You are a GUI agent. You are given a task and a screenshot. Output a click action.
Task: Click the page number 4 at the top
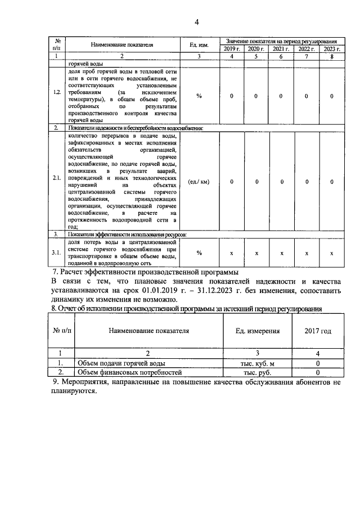coord(196,22)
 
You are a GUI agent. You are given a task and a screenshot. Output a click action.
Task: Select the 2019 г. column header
coord(231,49)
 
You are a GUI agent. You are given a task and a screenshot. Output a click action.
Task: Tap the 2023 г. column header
coord(332,49)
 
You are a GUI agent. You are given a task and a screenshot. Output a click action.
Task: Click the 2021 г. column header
coord(281,49)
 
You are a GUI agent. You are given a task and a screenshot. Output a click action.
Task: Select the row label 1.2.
coord(57,96)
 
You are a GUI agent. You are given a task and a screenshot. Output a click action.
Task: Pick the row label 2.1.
coord(57,182)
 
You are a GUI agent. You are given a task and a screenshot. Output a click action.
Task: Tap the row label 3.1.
coord(57,254)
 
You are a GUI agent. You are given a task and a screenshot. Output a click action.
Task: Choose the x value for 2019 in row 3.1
coord(231,254)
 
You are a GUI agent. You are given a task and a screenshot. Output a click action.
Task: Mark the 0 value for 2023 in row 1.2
coord(332,96)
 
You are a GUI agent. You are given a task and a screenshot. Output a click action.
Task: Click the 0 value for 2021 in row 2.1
coord(281,182)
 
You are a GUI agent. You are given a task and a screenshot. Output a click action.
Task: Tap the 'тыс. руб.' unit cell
coord(258,372)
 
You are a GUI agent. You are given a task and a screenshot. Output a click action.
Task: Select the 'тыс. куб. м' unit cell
coord(258,363)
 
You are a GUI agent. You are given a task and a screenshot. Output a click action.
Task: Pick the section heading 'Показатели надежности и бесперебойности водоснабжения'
coord(135,128)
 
